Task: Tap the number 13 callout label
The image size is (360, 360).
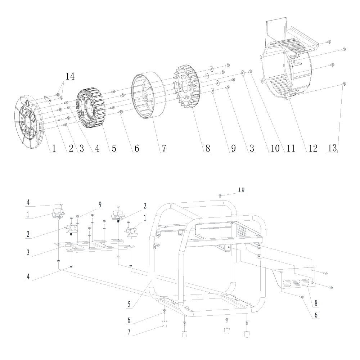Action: coord(335,148)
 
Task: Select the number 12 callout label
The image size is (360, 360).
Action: coord(312,148)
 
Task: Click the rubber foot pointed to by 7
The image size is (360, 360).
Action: coord(165,324)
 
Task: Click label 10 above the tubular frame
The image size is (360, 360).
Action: coord(241,189)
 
